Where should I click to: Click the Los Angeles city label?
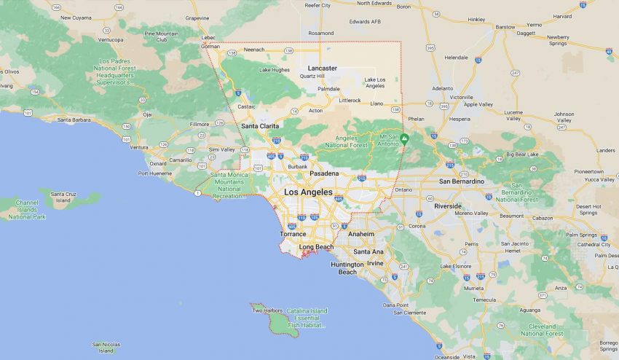pos(307,192)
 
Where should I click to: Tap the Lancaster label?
pos(322,68)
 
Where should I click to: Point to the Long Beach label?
pos(316,247)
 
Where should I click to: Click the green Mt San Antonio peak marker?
pos(404,138)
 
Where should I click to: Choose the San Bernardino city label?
pos(461,181)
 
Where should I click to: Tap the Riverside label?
pos(448,206)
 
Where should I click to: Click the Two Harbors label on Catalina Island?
pos(267,310)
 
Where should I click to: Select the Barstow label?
pos(505,27)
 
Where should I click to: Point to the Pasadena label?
pos(324,173)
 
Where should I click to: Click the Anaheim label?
pos(361,234)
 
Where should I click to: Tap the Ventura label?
pos(138,147)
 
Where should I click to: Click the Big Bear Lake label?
pos(521,154)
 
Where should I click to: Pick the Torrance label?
pos(293,234)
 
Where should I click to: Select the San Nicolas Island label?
pos(106,346)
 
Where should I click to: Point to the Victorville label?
pos(461,97)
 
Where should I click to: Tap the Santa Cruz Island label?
pos(63,197)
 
